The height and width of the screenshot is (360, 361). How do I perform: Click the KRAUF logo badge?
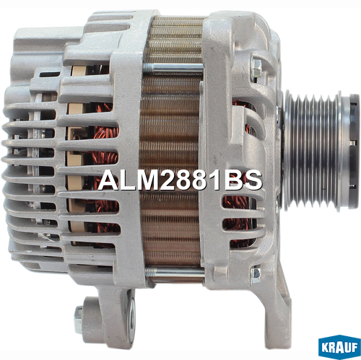point(339,347)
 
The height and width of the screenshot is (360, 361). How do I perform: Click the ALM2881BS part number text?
point(180,180)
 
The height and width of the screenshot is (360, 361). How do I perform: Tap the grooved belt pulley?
point(313,151)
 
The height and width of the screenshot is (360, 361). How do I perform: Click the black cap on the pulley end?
point(355,151)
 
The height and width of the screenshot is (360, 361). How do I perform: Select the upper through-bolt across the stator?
point(173,68)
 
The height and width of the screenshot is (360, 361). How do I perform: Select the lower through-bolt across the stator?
point(175,272)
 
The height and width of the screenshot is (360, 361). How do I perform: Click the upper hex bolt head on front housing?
point(256,66)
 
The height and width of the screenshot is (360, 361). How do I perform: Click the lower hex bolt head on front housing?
point(256,276)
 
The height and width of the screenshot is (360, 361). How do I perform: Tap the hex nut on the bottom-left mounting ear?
point(79,320)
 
